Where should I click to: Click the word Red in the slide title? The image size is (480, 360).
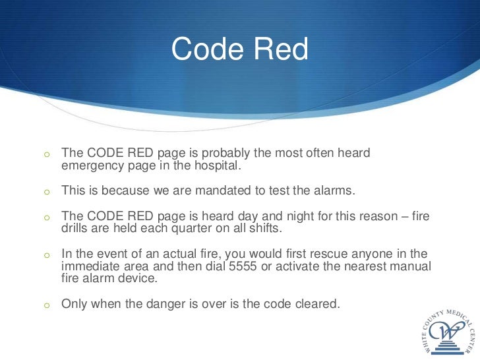282,50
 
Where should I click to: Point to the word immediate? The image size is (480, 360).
90,266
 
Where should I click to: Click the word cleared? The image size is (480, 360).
316,304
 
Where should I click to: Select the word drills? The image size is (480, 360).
76,228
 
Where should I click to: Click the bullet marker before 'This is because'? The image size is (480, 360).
47,193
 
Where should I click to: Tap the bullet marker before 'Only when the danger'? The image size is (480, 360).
47,305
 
